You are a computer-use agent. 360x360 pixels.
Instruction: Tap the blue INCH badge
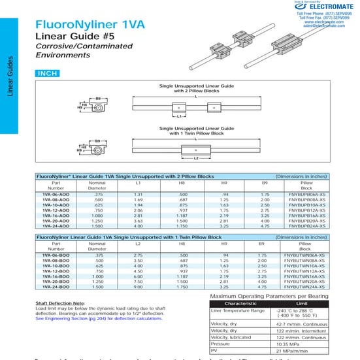[48, 74]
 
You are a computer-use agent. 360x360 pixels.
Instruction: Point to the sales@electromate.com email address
[324, 25]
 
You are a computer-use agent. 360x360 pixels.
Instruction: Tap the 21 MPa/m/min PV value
[295, 351]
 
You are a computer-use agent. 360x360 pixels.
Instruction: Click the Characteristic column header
[240, 303]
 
